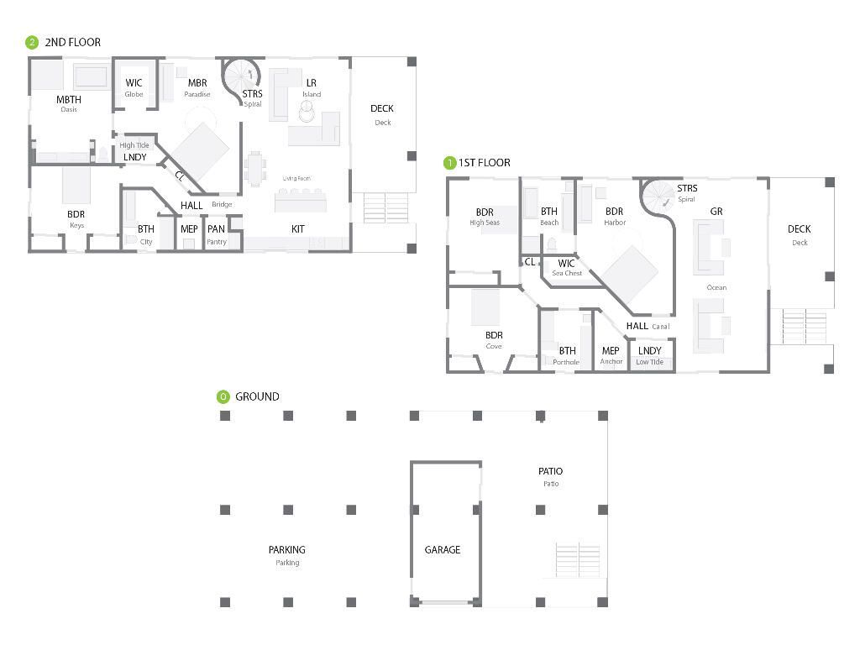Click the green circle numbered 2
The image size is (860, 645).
(x=33, y=42)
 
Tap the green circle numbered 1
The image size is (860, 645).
(x=450, y=163)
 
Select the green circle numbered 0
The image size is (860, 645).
(x=223, y=396)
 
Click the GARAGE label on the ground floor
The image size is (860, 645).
(x=442, y=550)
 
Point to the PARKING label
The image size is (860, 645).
(x=286, y=550)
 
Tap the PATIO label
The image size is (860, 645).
(x=550, y=471)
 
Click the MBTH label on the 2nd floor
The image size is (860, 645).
(x=69, y=100)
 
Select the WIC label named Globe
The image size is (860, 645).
(x=134, y=83)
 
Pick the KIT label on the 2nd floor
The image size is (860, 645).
(x=298, y=228)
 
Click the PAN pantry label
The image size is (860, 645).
(x=216, y=229)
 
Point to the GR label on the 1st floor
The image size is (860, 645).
(x=716, y=212)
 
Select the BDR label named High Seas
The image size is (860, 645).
(x=485, y=212)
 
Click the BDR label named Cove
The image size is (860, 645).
(x=494, y=336)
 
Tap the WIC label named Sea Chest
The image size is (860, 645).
(x=566, y=264)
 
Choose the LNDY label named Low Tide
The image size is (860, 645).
(x=649, y=351)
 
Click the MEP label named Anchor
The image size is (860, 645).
(x=611, y=351)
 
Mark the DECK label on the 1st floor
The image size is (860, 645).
(x=799, y=229)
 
